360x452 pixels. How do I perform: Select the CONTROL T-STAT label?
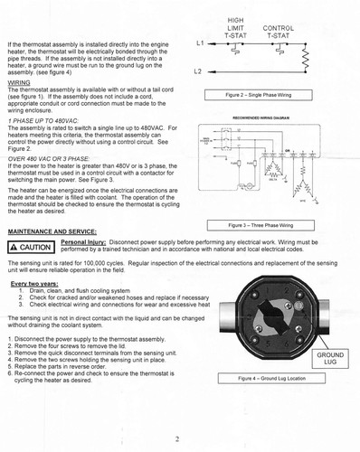278,28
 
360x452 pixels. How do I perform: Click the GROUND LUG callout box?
331,360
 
